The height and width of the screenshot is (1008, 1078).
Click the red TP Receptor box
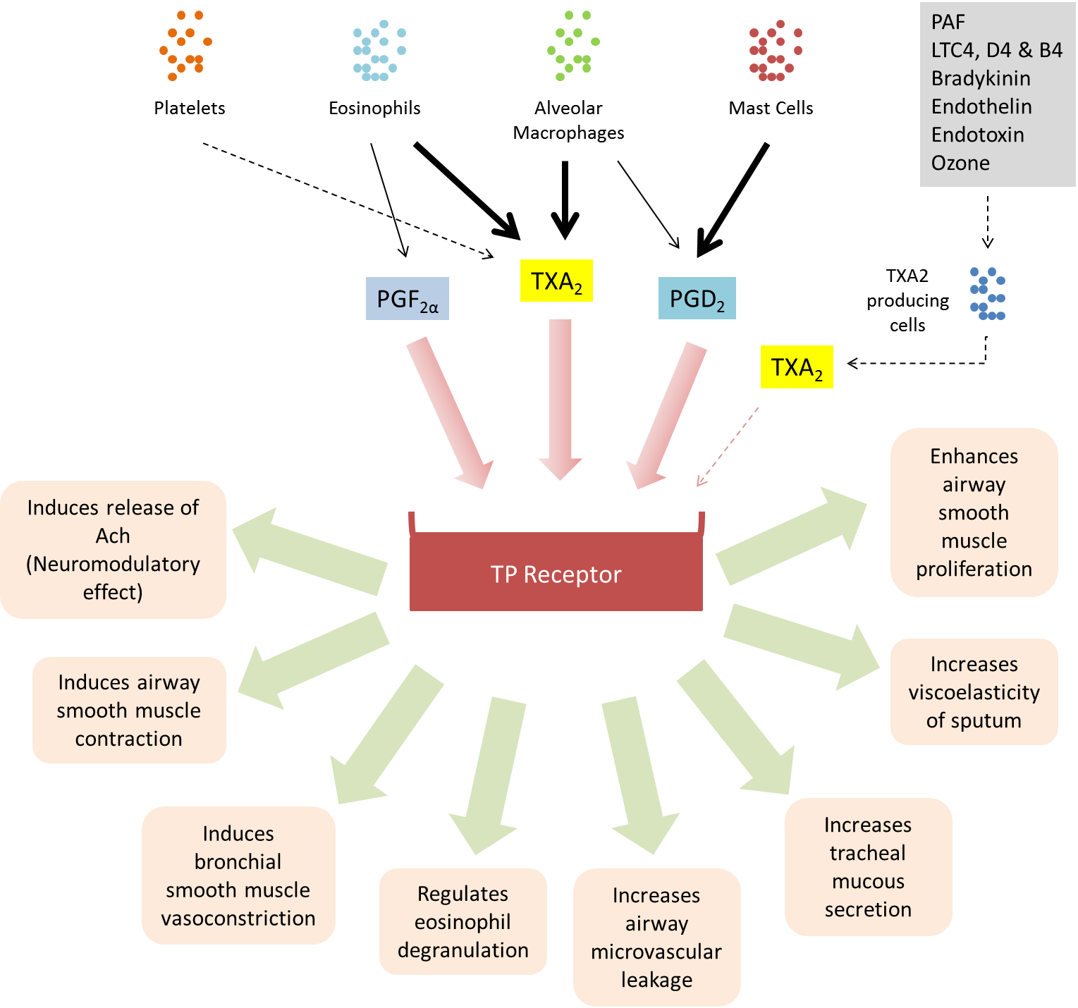tap(556, 573)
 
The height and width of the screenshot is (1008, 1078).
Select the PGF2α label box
tap(407, 299)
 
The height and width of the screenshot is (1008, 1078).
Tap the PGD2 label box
tap(697, 299)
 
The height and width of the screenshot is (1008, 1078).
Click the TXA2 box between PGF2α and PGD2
tap(556, 281)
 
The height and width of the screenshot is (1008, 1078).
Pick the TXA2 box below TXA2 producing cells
tap(797, 367)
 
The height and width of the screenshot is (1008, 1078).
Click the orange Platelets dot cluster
tap(185, 46)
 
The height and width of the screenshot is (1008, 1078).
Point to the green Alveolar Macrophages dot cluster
tap(572, 46)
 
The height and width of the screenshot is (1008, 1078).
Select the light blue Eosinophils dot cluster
tap(379, 51)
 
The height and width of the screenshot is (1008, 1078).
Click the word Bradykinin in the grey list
tap(980, 78)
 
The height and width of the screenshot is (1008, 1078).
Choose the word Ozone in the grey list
tap(960, 163)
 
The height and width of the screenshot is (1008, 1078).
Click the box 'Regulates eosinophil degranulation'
tap(463, 921)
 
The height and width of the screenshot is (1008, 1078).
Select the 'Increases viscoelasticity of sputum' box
tap(974, 692)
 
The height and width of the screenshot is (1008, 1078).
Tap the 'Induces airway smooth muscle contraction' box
tap(129, 710)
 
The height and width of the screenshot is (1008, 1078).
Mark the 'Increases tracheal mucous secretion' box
tap(868, 866)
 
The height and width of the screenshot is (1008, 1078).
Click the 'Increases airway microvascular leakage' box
tap(656, 937)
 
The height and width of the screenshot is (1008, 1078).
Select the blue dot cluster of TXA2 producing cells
tap(988, 294)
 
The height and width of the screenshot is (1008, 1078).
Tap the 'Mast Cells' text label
tap(771, 108)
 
